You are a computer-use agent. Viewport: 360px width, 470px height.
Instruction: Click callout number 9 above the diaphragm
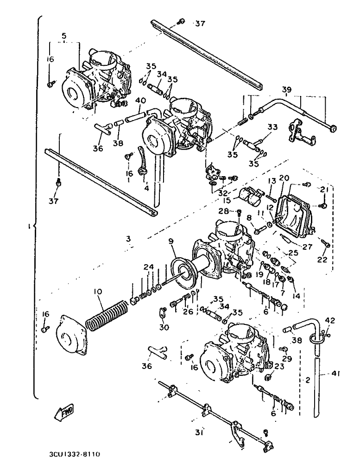pyautogui.click(x=171, y=241)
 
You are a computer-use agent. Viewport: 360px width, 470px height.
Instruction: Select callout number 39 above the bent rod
pyautogui.click(x=287, y=89)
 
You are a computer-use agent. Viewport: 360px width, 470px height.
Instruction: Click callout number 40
pyautogui.click(x=141, y=100)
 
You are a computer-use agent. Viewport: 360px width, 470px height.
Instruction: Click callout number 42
pyautogui.click(x=329, y=320)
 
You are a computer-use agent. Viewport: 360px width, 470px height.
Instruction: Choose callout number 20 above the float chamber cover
pyautogui.click(x=284, y=178)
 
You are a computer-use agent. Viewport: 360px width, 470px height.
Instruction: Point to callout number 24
pyautogui.click(x=148, y=267)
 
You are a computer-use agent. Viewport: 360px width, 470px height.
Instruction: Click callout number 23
pyautogui.click(x=278, y=366)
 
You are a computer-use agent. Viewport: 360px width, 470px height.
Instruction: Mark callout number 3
pyautogui.click(x=128, y=239)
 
